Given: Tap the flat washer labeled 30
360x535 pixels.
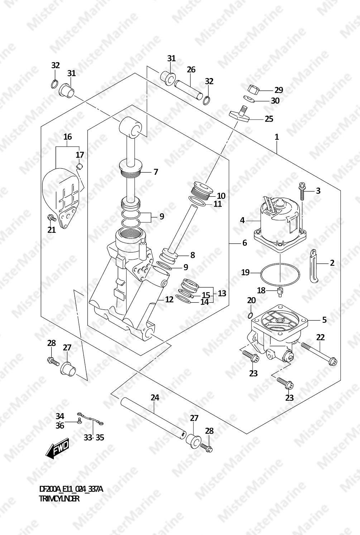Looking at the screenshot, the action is coord(249,98).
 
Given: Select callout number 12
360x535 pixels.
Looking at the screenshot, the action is coord(169,299).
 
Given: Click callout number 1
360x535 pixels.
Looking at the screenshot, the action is coord(277,137).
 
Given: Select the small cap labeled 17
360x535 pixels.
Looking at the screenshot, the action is coord(80,166).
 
